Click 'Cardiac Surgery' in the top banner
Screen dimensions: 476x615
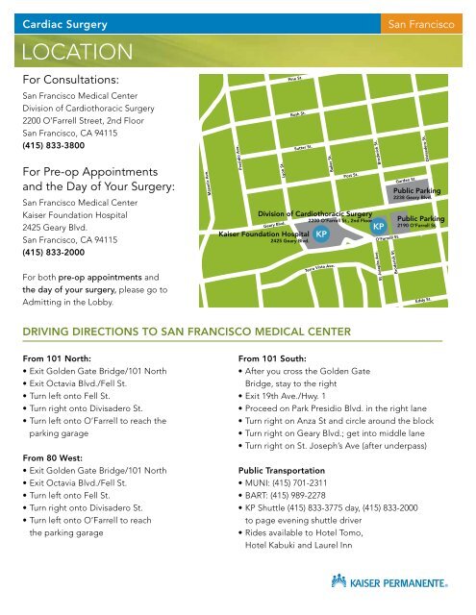coord(65,21)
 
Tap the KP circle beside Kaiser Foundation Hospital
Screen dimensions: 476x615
coord(322,234)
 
